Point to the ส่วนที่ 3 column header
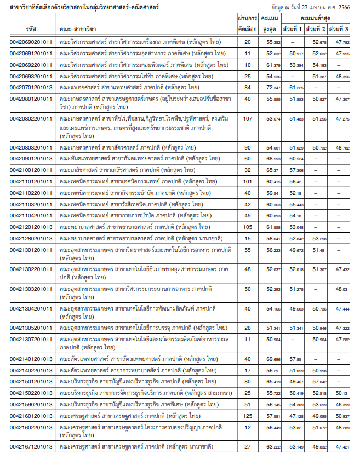342,28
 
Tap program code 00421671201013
31,447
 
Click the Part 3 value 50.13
342,393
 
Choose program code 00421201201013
31,227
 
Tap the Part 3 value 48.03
342,289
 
